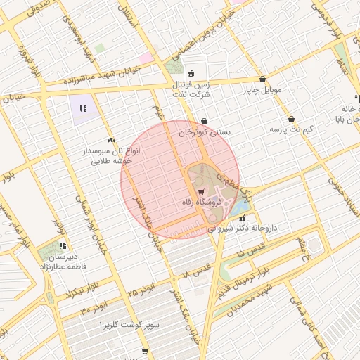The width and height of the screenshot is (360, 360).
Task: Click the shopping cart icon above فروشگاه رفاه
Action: [x=202, y=191]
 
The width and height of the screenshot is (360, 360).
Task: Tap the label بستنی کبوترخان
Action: [x=205, y=131]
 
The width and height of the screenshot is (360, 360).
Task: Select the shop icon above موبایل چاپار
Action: [x=262, y=79]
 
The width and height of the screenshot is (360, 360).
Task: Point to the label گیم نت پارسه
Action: [x=291, y=130]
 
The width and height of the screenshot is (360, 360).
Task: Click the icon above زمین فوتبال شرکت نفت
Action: [x=190, y=72]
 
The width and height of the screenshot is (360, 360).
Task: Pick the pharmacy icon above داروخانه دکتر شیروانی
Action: [x=243, y=218]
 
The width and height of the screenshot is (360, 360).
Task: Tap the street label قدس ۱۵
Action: [x=250, y=252]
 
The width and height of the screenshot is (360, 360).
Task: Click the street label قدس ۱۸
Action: [x=196, y=269]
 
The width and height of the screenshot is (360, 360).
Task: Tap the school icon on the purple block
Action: [x=83, y=109]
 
